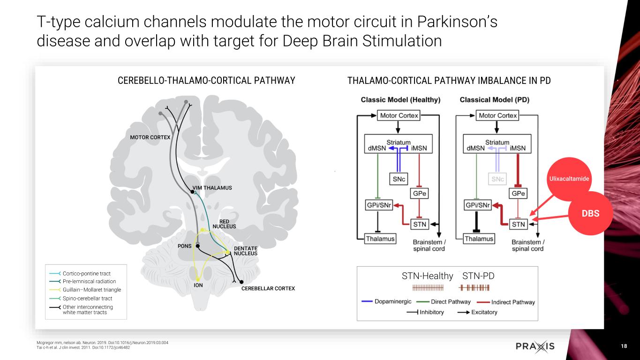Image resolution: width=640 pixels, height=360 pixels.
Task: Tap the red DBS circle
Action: pos(591,213)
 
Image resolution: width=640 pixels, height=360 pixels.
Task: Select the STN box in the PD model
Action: pos(518,224)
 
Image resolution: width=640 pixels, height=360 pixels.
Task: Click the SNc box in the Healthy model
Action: pos(399,179)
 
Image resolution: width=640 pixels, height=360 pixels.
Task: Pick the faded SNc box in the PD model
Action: pos(497,179)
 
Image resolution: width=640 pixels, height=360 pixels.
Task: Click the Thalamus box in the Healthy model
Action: pos(380,239)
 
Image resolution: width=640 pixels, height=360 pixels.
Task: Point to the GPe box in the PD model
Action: pos(518,194)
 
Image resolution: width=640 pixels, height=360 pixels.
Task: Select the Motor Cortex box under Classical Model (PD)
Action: pos(497,115)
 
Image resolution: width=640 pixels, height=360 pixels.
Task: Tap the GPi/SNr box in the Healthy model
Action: pos(379,205)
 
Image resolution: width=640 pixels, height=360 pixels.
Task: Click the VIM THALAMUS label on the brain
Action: pos(212,187)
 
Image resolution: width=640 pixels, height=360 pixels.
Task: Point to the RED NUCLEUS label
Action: pos(224,224)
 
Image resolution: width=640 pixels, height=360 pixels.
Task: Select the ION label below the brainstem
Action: pos(198,285)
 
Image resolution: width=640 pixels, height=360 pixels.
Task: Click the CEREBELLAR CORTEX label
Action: pos(268,288)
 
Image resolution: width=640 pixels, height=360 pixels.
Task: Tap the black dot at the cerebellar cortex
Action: pos(241,282)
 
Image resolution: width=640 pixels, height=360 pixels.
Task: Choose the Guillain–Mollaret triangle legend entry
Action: pos(85,290)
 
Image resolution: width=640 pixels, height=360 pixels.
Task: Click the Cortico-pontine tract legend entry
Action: pos(80,273)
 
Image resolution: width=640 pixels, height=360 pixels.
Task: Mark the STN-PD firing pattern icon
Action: pos(474,288)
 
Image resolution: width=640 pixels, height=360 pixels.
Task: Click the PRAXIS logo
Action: pos(535,346)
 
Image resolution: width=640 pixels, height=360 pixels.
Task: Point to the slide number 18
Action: pos(624,346)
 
